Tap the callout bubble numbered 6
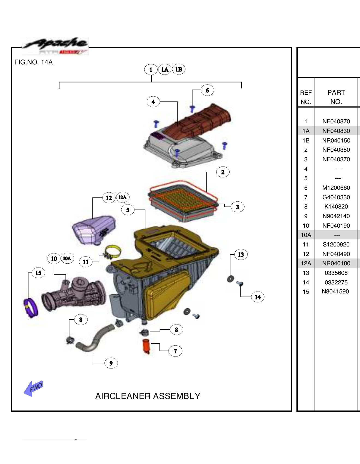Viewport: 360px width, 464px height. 207,90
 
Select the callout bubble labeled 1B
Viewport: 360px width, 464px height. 179,69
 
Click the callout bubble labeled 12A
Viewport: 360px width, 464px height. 122,197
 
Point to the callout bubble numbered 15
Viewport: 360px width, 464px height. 38,273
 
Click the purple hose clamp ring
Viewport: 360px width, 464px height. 31,308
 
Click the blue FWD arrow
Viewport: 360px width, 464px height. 33,388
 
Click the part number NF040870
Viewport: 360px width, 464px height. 336,121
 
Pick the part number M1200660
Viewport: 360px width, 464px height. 336,188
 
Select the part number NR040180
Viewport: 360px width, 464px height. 336,263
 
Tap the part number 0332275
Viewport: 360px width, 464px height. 336,282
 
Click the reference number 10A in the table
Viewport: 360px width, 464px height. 306,235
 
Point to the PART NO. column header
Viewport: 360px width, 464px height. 336,97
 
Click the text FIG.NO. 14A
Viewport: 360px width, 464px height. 33,62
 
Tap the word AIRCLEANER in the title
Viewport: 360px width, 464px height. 123,396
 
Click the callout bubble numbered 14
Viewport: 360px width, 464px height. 258,297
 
